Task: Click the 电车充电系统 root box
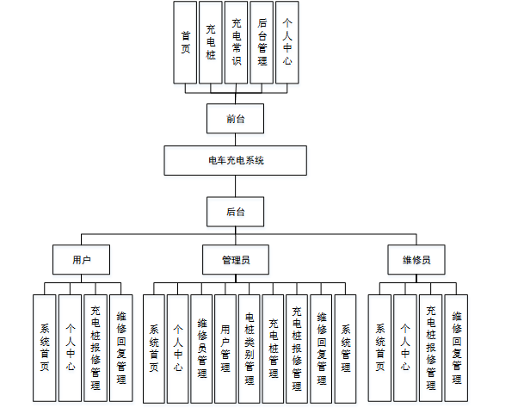coord(235,161)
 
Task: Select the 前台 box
coord(235,119)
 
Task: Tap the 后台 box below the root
coord(235,211)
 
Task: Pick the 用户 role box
coord(82,259)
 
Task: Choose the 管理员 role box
coord(235,259)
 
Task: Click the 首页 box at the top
coord(185,42)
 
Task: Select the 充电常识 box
coord(237,42)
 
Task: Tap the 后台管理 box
coord(262,42)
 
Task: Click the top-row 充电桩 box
coord(211,42)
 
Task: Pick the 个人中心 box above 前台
coord(287,42)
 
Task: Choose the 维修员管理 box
coord(202,348)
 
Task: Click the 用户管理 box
coord(226,348)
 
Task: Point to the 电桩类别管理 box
coord(250,348)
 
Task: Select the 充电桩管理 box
coord(274,348)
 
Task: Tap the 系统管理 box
coord(346,348)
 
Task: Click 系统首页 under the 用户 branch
coord(45,348)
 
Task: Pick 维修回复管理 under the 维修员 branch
coord(457,348)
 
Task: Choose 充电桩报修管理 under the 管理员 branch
coord(298,348)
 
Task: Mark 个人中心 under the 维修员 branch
coord(405,348)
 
